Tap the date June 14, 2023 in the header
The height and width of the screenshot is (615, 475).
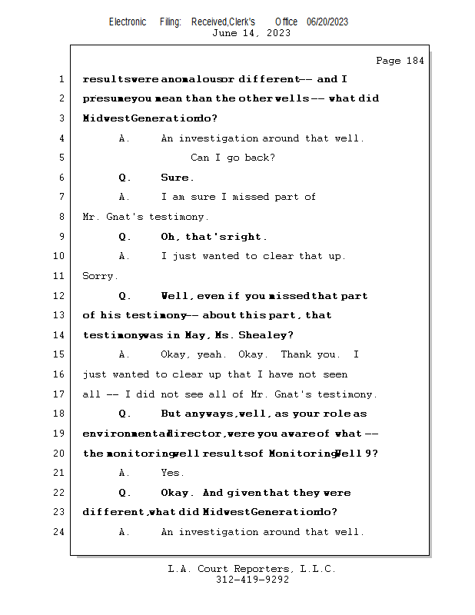tap(251, 33)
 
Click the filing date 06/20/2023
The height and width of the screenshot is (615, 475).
tap(327, 22)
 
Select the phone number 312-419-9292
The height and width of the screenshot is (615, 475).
tap(252, 580)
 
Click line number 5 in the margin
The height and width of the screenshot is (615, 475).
tap(61, 158)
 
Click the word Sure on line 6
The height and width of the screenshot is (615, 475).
tap(174, 178)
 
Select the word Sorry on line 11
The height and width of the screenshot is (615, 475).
tap(99, 276)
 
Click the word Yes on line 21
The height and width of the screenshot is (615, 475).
tap(171, 473)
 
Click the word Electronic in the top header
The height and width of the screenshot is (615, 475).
tap(128, 22)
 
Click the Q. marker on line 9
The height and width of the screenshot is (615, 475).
tap(125, 237)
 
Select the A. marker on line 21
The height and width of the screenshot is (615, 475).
tap(125, 473)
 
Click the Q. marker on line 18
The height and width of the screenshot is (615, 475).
tap(125, 414)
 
